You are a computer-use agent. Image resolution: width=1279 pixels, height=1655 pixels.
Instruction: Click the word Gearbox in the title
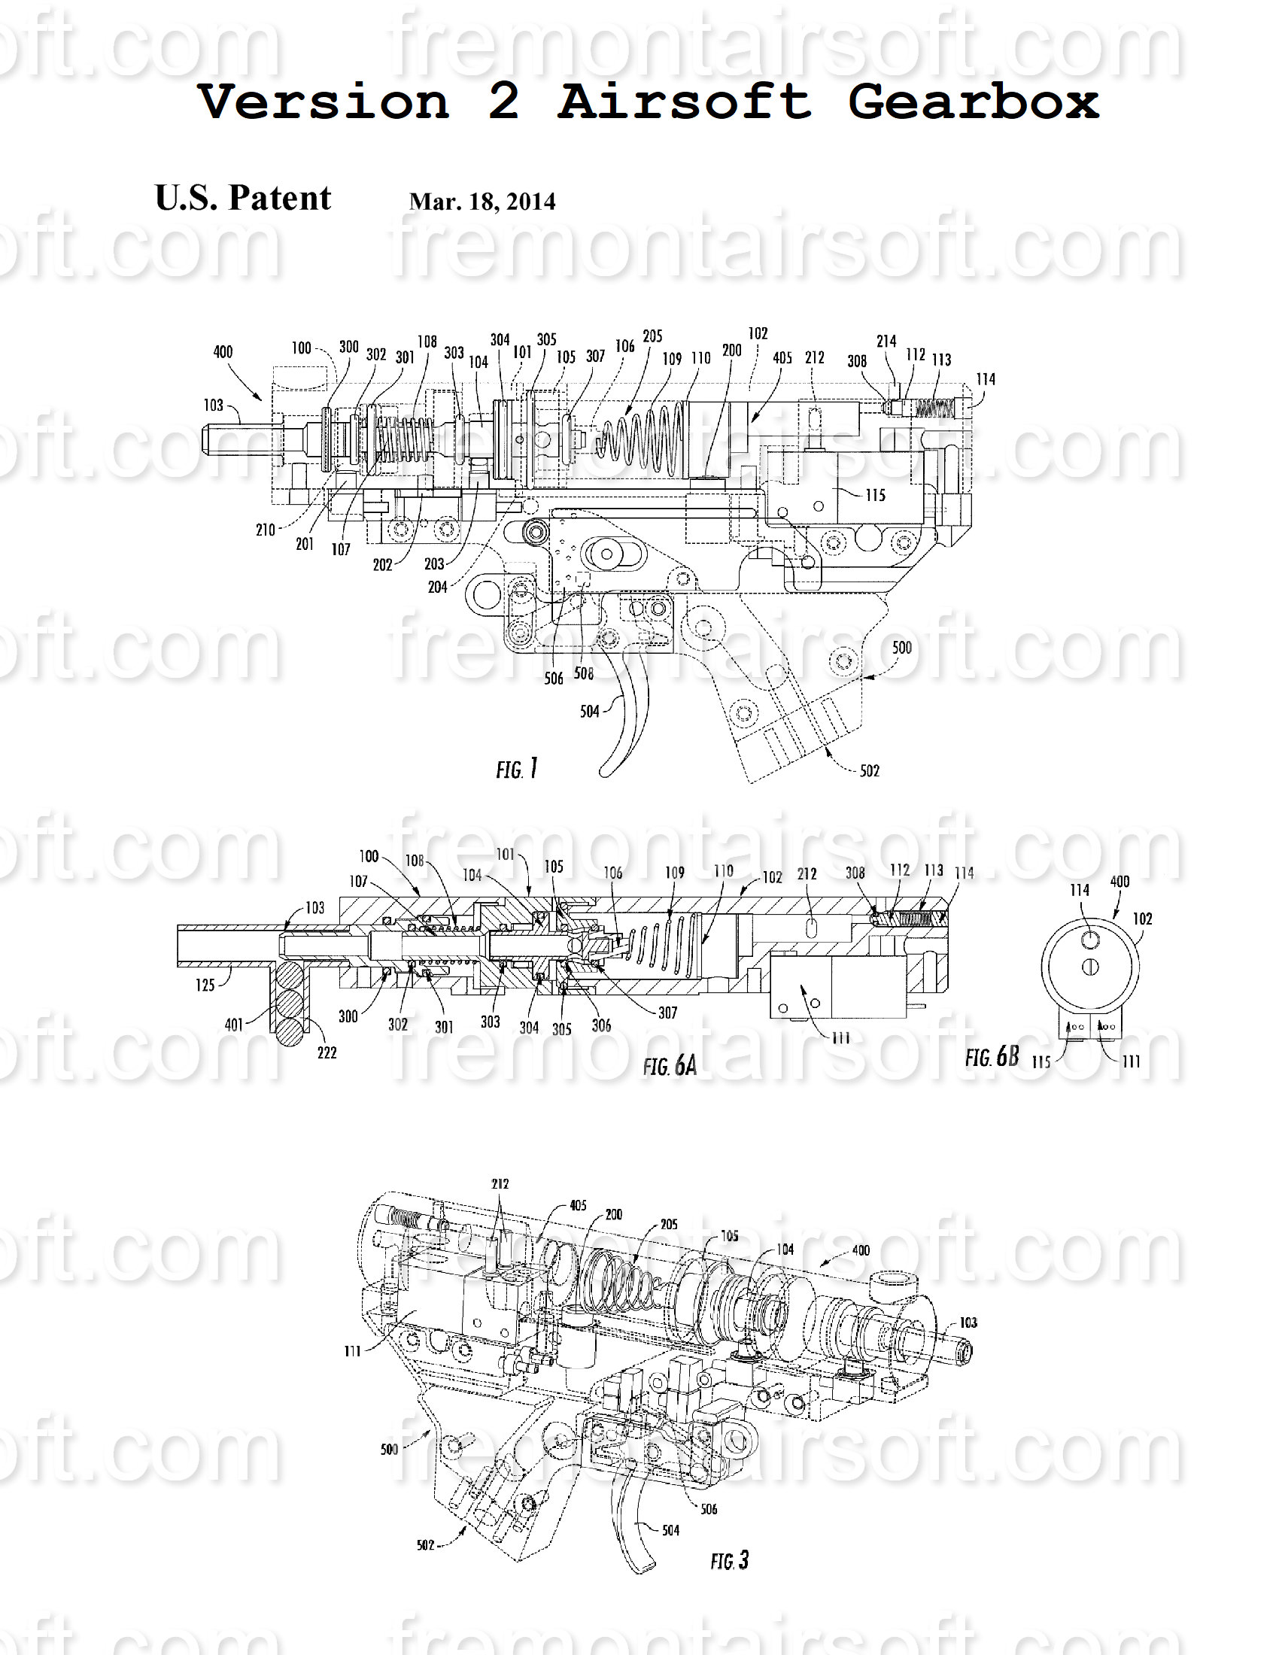973,102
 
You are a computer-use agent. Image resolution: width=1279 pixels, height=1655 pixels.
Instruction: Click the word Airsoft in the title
684,102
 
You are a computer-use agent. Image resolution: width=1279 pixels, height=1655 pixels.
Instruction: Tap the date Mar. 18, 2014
482,202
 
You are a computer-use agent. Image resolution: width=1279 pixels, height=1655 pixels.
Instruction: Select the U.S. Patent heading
242,198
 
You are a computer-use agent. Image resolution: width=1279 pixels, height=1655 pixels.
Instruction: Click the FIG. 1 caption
517,769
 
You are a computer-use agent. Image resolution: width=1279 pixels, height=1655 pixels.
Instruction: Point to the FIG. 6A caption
669,1065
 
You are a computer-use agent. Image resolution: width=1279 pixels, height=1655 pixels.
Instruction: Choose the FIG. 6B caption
992,1056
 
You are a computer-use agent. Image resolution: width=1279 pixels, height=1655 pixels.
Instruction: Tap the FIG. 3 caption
729,1560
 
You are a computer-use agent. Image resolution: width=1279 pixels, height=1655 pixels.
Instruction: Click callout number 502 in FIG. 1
869,770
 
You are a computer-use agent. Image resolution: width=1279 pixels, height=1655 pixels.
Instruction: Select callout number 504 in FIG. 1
590,711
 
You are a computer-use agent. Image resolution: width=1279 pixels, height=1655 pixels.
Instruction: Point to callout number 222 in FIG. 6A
327,1052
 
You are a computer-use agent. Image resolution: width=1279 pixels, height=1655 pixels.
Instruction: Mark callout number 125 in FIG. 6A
205,985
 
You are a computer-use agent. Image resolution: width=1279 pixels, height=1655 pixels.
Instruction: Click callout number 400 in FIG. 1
223,351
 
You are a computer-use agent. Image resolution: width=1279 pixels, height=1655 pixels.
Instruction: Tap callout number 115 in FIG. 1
875,495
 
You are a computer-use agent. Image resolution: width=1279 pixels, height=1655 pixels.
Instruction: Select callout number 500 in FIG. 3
389,1449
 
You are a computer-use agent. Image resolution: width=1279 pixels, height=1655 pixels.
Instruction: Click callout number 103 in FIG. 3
968,1322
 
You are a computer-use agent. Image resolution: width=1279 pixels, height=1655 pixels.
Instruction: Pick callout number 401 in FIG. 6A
234,1025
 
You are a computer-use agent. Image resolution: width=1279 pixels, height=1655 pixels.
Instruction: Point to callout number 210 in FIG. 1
265,530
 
